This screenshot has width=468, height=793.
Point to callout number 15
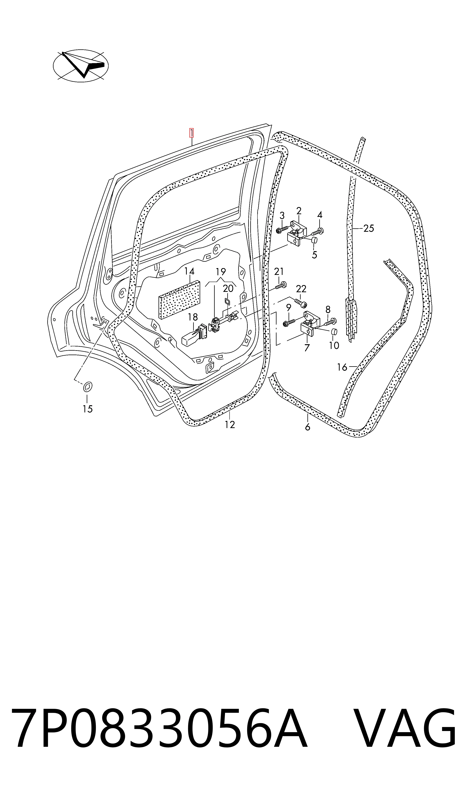(88, 409)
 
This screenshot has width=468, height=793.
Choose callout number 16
(342, 367)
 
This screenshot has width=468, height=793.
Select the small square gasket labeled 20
(227, 302)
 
